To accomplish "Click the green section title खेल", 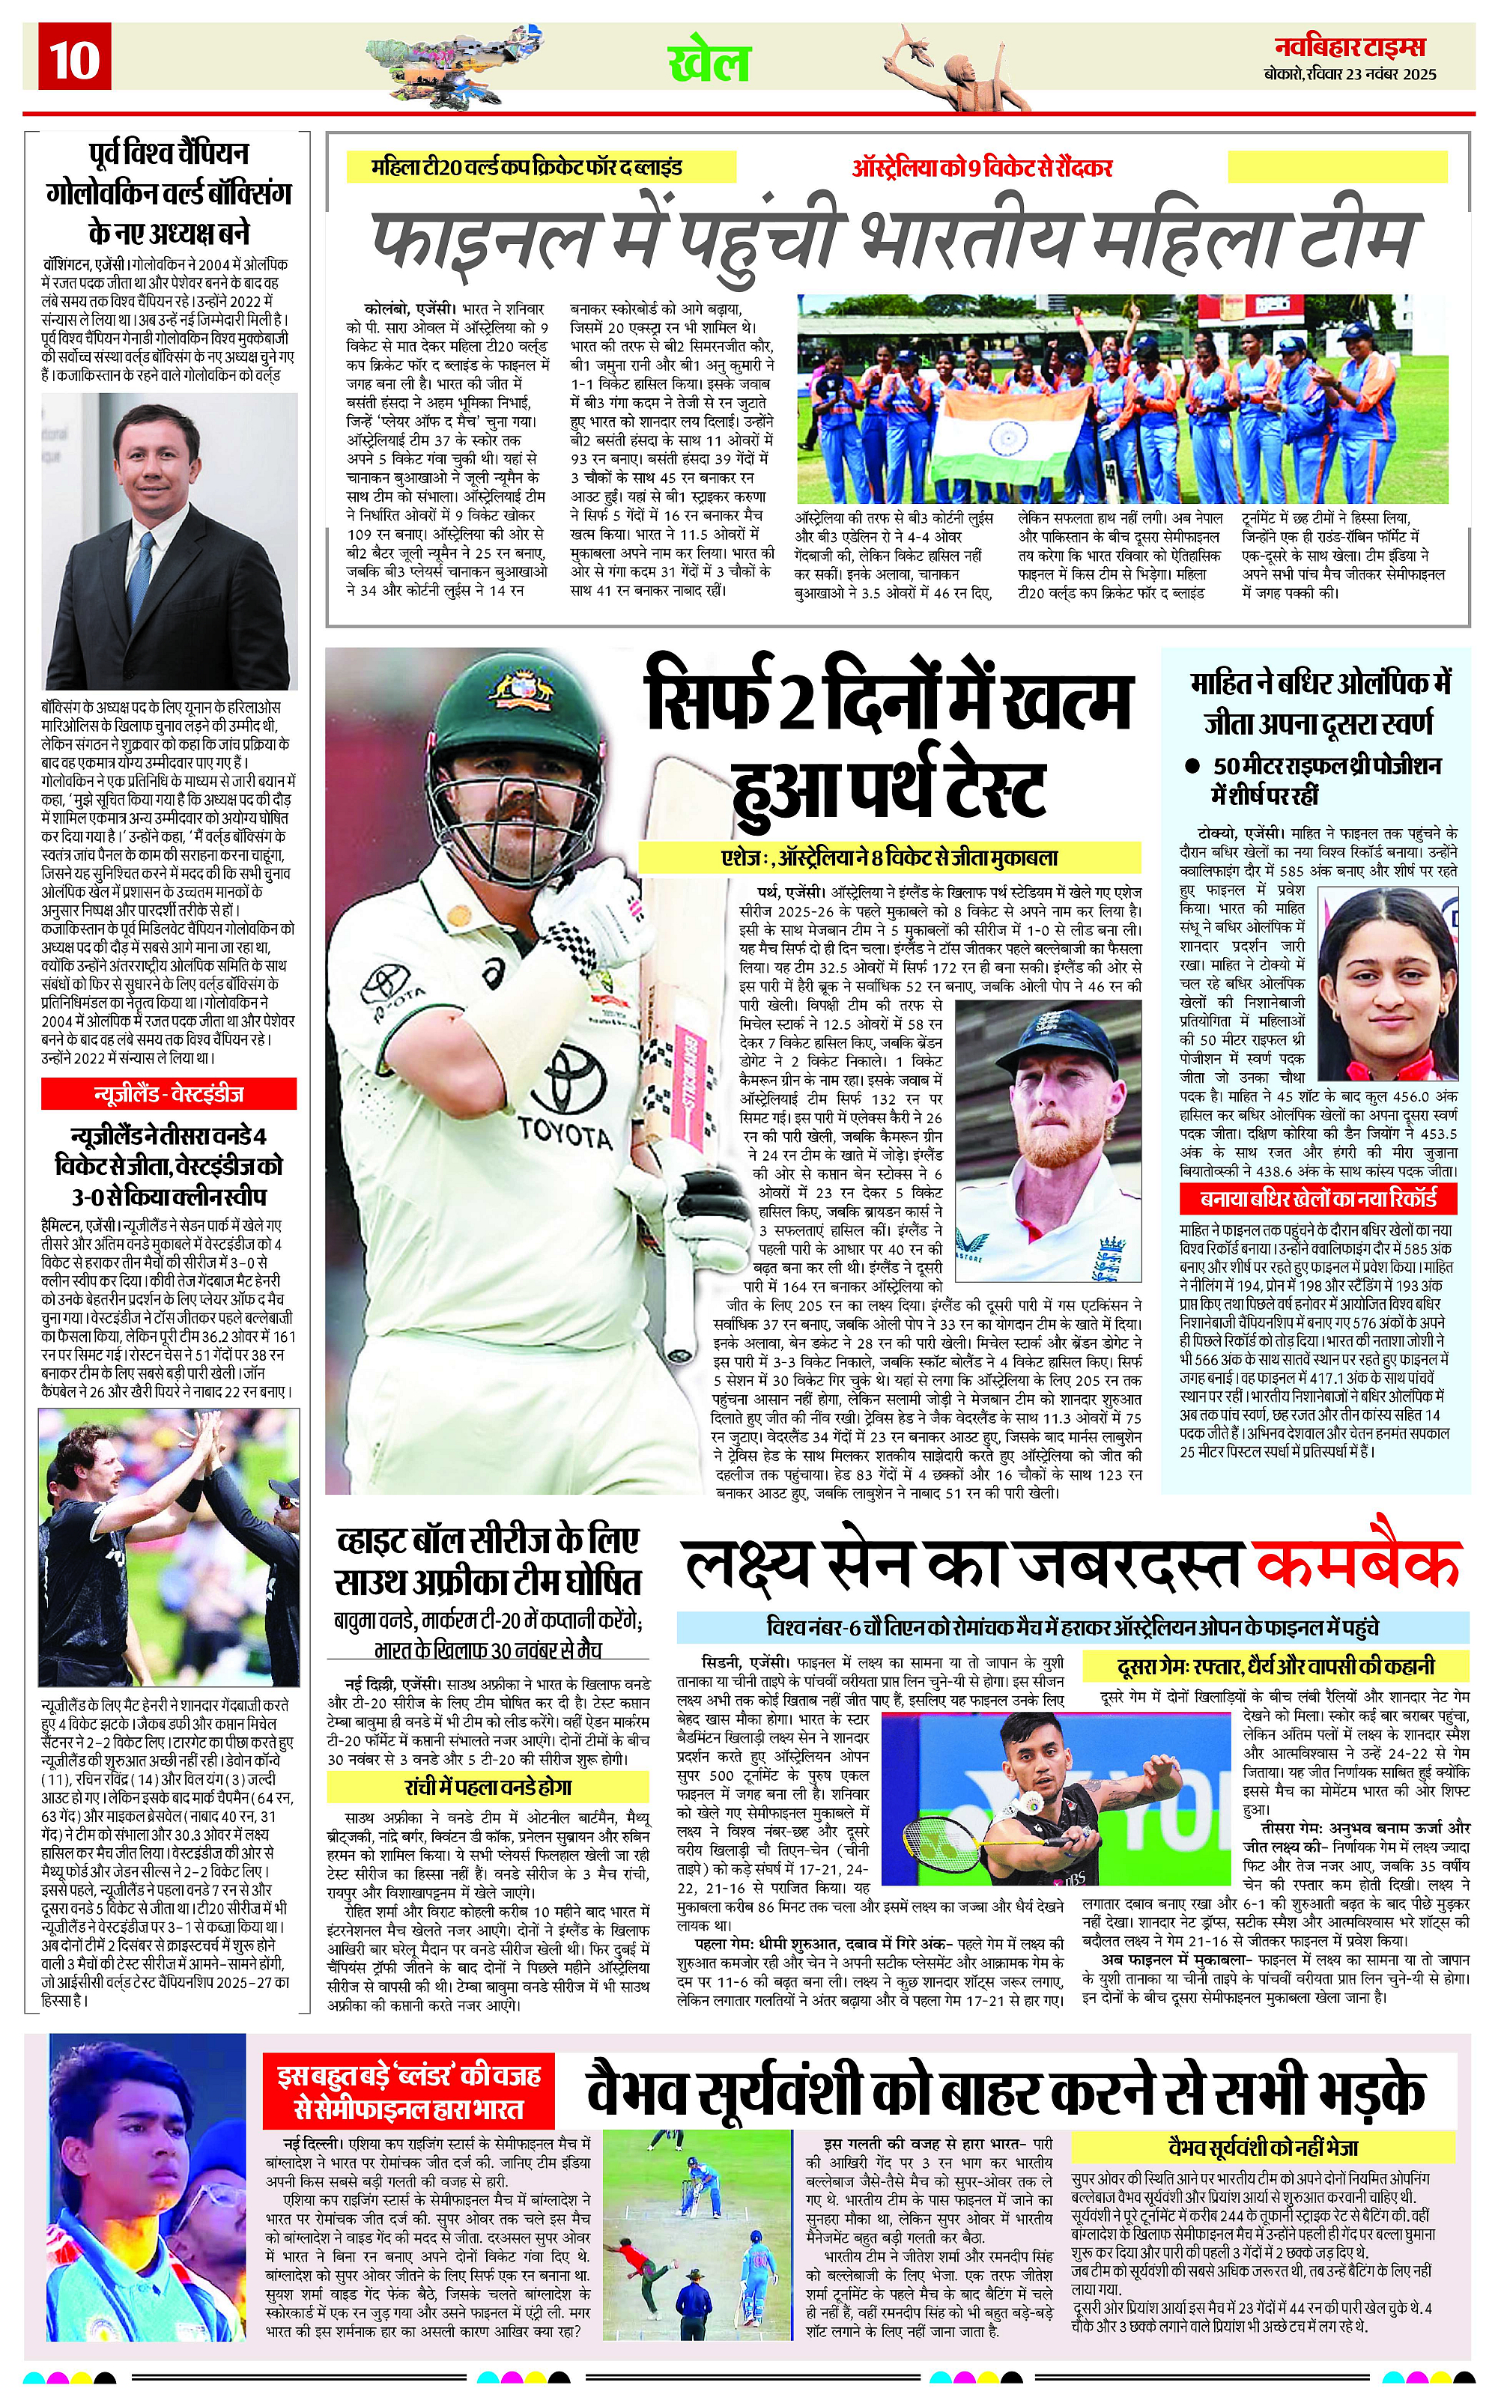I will point(709,64).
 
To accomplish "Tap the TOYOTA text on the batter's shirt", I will point(565,1133).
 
